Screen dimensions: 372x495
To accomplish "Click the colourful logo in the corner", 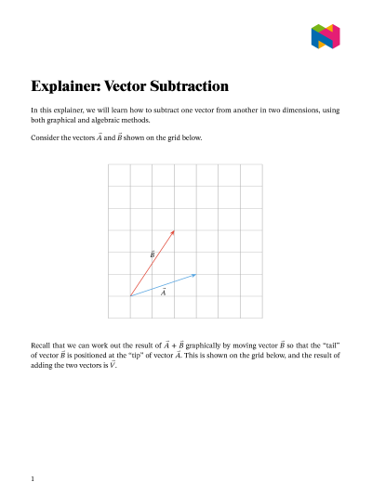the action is [325, 36].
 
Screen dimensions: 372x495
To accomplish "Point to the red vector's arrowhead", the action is [174, 230].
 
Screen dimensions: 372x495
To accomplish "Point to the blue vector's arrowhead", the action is [196, 274].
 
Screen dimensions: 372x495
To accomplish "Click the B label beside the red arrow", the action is [153, 253].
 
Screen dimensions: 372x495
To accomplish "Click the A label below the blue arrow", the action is [164, 293].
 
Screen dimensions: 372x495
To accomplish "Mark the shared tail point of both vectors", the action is [130, 296].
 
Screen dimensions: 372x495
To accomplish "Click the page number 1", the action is [33, 479].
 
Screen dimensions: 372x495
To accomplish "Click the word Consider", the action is [46, 138].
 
